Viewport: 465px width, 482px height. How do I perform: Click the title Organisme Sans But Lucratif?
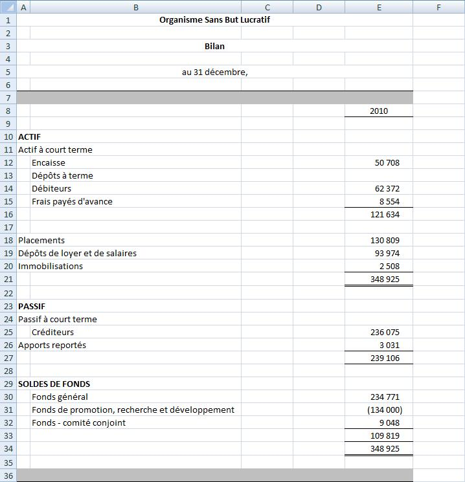click(214, 20)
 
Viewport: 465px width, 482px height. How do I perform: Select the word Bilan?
click(214, 46)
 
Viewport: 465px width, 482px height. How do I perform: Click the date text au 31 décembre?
click(214, 72)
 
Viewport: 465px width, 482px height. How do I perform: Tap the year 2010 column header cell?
click(379, 111)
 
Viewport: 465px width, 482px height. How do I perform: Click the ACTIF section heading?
click(29, 137)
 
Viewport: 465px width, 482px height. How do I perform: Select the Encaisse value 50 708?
click(387, 162)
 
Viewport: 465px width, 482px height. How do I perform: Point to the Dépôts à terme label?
click(62, 175)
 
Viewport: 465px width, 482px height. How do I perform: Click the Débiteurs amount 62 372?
click(387, 188)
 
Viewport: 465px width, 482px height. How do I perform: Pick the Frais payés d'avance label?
click(72, 201)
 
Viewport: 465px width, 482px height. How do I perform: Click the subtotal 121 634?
click(385, 214)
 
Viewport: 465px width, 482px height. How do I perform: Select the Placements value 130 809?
click(385, 240)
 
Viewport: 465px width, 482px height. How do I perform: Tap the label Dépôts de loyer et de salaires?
click(77, 253)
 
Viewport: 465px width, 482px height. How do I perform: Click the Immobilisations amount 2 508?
click(389, 266)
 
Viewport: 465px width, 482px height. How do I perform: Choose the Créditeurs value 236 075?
click(385, 332)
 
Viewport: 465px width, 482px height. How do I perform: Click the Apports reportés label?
click(52, 345)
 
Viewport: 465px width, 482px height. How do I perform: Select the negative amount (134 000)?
click(385, 410)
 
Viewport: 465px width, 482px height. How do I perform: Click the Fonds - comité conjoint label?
click(78, 422)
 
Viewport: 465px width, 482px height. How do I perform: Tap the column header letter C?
click(267, 7)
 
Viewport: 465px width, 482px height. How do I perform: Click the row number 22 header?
click(8, 292)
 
